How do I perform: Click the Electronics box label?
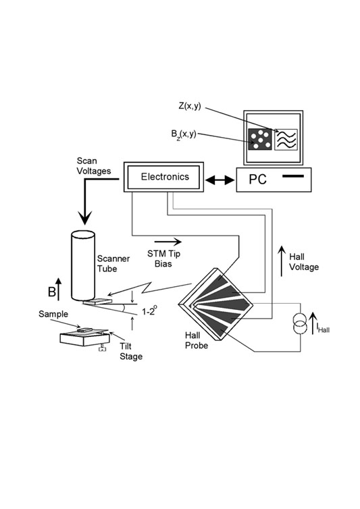pos(165,177)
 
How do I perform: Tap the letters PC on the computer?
pos(257,179)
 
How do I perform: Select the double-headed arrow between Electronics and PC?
pos(220,180)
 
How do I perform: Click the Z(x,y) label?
pos(189,107)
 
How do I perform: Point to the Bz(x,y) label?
pos(184,134)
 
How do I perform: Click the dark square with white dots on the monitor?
pos(260,139)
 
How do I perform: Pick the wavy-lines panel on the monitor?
pos(286,139)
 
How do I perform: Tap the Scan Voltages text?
pos(94,166)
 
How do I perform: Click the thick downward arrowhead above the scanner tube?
pos(85,218)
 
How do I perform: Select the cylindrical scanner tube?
pos(83,265)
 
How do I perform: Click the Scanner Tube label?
pos(113,263)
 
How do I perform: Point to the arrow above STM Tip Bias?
pos(168,242)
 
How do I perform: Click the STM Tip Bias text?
pos(163,259)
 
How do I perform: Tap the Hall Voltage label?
pos(304,262)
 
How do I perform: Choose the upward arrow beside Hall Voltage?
pos(282,261)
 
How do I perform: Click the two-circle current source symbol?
pos(300,323)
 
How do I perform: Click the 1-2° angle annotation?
pos(150,311)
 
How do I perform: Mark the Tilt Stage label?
pos(131,351)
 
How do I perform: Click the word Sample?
pos(53,314)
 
